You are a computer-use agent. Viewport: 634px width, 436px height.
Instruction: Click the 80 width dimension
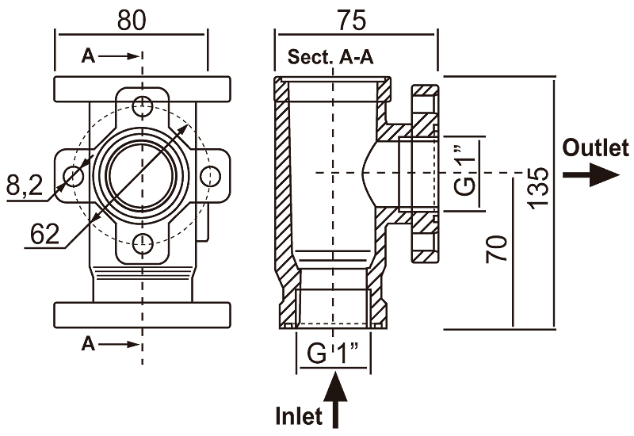[x=131, y=21]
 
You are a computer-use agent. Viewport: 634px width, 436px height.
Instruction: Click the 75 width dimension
[x=352, y=21]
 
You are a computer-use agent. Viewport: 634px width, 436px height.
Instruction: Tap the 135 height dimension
[x=539, y=188]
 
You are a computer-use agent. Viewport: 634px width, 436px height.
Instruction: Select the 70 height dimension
[x=496, y=248]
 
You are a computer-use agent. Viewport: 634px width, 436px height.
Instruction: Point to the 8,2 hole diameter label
[x=25, y=185]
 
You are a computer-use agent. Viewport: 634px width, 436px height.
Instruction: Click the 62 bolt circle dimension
[x=45, y=233]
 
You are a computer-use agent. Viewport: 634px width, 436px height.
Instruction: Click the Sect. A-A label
[x=330, y=57]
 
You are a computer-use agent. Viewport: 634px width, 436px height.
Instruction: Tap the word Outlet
[x=596, y=147]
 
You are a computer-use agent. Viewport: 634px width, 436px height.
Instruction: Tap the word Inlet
[x=299, y=415]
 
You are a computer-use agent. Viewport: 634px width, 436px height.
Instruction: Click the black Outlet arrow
[x=591, y=174]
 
